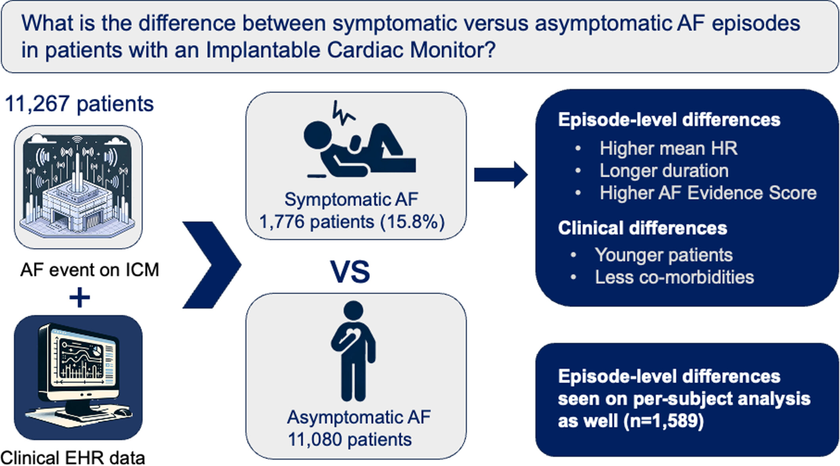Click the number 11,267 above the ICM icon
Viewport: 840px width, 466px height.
(x=37, y=104)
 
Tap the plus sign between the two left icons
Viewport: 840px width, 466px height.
(x=79, y=298)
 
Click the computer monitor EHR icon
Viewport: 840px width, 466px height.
(x=79, y=377)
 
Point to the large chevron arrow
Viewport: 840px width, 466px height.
(x=212, y=265)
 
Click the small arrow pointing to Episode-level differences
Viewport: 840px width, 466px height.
(x=501, y=175)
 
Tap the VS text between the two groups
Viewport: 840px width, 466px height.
(x=350, y=272)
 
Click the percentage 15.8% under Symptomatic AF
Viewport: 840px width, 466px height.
(x=412, y=222)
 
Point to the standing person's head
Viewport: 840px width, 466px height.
(x=353, y=312)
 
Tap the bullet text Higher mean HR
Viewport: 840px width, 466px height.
(x=668, y=148)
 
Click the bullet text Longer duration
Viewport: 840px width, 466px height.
(x=664, y=171)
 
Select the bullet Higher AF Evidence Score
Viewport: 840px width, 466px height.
(x=708, y=193)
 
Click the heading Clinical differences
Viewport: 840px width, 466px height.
(x=642, y=228)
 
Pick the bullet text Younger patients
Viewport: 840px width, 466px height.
(x=664, y=255)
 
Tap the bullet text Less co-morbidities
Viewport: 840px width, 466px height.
(x=674, y=277)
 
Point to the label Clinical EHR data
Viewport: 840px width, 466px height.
(x=73, y=458)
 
